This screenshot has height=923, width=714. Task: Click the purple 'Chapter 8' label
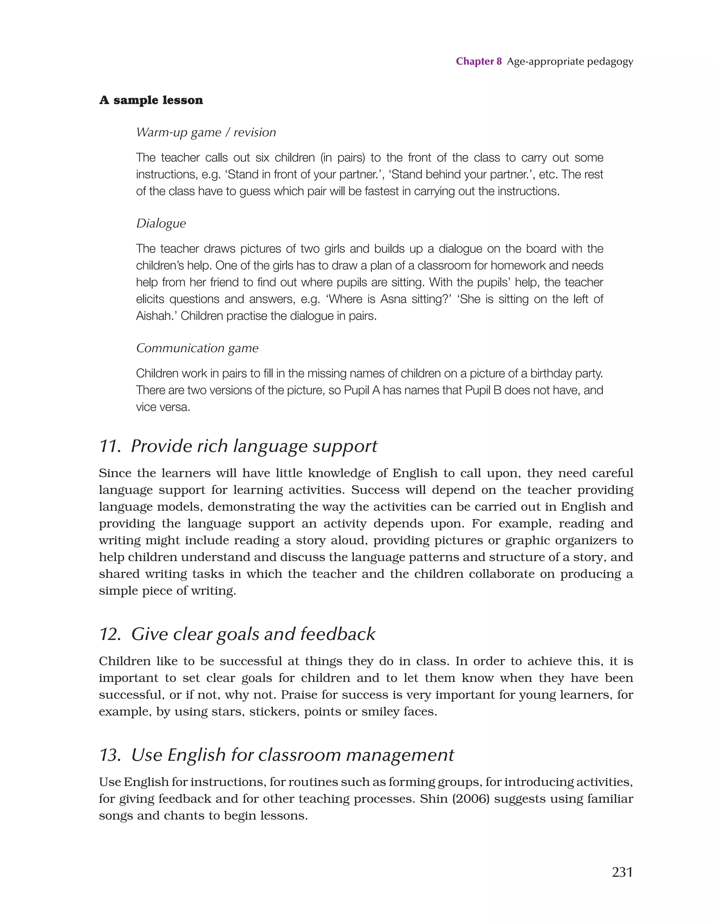point(478,62)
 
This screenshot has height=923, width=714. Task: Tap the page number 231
point(622,871)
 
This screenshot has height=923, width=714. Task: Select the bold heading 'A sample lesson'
point(151,100)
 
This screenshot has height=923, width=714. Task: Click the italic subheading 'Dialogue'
point(161,223)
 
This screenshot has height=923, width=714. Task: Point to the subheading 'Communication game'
point(197,348)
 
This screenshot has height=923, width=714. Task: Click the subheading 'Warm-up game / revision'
point(206,132)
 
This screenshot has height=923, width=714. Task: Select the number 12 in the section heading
point(110,635)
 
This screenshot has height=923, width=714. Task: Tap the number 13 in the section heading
point(110,755)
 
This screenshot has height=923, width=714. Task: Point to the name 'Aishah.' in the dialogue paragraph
point(156,316)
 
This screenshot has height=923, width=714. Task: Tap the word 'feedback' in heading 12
point(337,635)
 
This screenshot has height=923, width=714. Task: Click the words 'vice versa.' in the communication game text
point(163,407)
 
